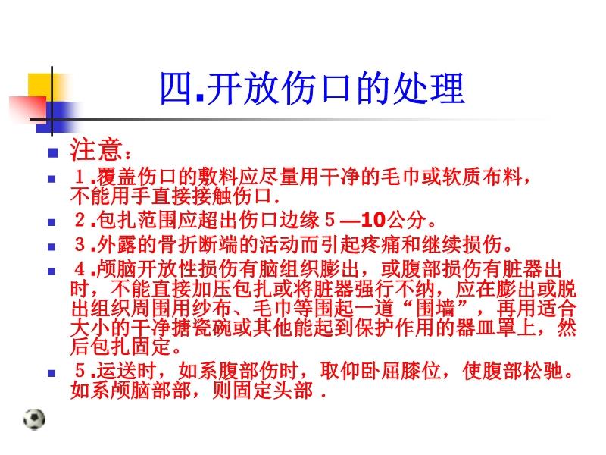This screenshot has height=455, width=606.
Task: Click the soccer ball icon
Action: [x=34, y=419]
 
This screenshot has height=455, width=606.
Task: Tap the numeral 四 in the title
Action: [x=176, y=89]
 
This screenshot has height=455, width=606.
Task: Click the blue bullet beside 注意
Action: [x=52, y=152]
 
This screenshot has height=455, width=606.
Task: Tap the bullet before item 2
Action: [x=52, y=223]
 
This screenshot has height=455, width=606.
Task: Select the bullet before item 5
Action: [x=52, y=373]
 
